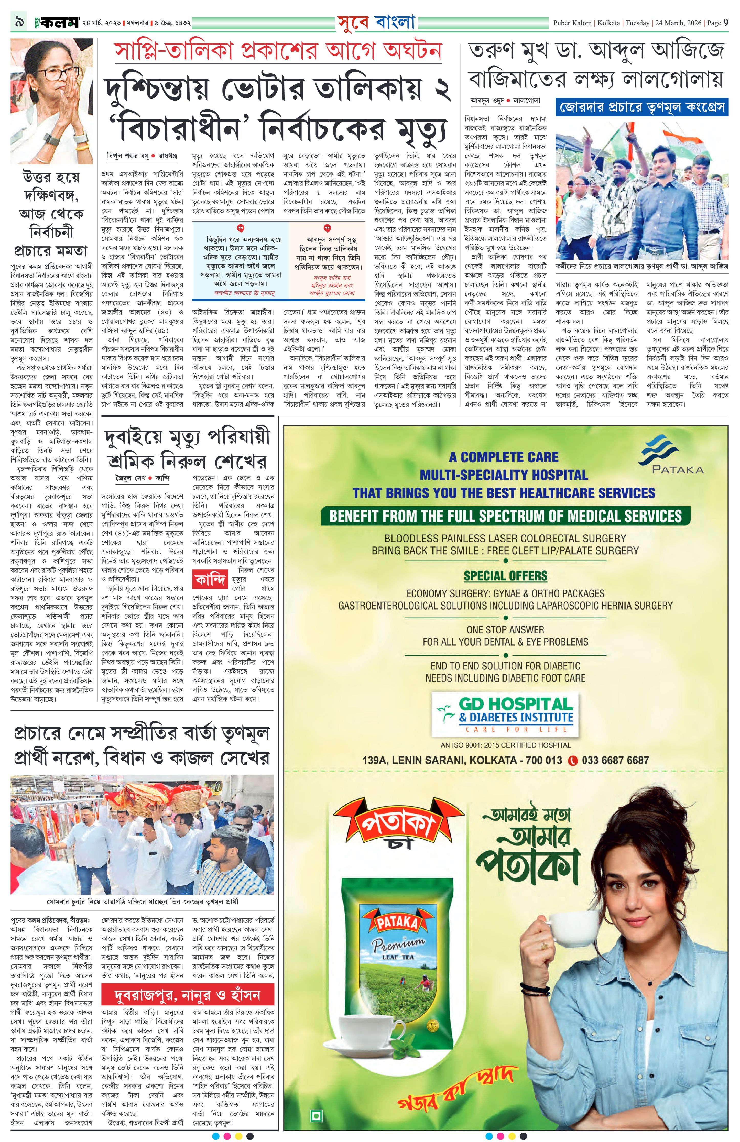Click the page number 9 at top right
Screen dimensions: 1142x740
click(x=726, y=23)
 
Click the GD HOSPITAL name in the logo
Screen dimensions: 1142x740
click(x=516, y=704)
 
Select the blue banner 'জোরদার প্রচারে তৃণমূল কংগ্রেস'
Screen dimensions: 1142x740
click(x=641, y=107)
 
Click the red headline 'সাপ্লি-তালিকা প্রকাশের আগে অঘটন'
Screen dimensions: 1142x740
click(x=277, y=52)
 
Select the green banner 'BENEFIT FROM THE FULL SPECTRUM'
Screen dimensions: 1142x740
click(x=505, y=516)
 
